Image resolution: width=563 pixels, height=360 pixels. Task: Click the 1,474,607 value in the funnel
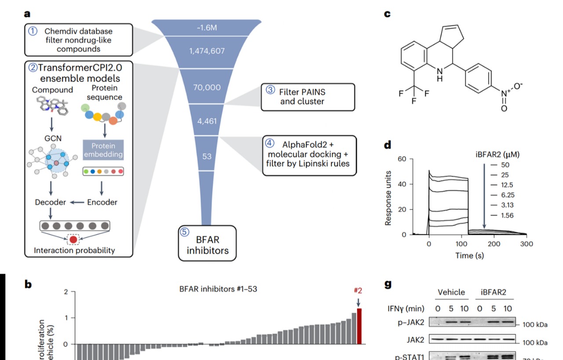(x=207, y=51)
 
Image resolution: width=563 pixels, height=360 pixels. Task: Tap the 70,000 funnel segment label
(x=207, y=87)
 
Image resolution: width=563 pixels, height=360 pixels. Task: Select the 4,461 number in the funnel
(x=207, y=121)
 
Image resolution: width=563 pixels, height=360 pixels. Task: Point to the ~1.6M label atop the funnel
(x=207, y=28)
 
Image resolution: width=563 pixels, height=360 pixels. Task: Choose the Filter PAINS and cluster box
(x=308, y=97)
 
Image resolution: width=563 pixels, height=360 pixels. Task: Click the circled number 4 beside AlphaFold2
(x=269, y=143)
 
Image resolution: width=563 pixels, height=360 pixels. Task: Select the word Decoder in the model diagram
(x=51, y=202)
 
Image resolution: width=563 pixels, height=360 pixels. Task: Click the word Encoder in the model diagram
(x=102, y=202)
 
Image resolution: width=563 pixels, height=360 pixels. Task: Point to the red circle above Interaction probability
(x=73, y=240)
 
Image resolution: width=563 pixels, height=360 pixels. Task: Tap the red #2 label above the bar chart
(x=358, y=290)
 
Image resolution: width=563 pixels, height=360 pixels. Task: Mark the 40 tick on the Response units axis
(x=403, y=184)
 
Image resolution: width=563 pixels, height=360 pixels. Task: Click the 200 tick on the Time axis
(x=494, y=244)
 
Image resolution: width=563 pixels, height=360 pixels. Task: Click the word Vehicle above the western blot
(x=451, y=292)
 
